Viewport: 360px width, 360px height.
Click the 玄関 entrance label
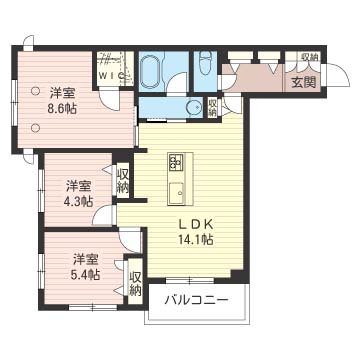[303, 82]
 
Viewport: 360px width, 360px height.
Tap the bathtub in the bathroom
[149, 71]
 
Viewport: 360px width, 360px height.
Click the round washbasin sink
[194, 107]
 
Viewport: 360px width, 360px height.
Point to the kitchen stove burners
[176, 162]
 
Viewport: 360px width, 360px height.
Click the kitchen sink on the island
[177, 193]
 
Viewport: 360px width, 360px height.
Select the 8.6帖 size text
[62, 109]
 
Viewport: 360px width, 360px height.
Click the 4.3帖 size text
[78, 202]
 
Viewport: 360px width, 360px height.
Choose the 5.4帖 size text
[85, 274]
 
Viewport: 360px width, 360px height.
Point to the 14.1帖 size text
[196, 239]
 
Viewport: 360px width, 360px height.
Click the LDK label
[196, 224]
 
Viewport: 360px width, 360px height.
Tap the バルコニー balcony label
[197, 301]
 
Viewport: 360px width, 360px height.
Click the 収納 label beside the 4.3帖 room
[122, 182]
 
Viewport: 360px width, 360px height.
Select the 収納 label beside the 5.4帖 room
[136, 284]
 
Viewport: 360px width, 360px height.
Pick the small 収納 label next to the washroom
[212, 107]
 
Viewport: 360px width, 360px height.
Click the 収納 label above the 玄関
[309, 56]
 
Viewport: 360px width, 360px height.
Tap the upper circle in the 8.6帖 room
[35, 90]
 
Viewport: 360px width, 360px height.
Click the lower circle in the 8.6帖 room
[35, 127]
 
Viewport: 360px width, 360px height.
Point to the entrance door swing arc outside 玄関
[343, 71]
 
